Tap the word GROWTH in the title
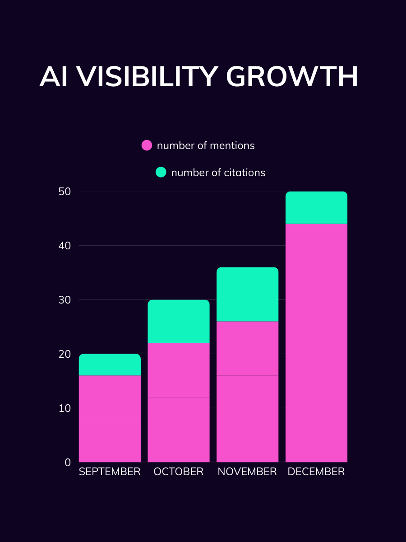(292, 77)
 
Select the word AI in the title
(53, 77)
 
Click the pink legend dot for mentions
(147, 145)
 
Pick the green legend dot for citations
(161, 172)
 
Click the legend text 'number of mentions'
(206, 145)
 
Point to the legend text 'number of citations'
(218, 173)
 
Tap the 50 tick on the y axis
(65, 192)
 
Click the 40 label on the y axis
(65, 246)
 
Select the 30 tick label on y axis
(65, 300)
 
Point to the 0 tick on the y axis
(68, 462)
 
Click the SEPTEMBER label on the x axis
(110, 472)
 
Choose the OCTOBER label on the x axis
(179, 472)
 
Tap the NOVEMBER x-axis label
(247, 472)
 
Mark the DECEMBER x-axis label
(316, 472)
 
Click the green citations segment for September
(110, 365)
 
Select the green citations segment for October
(179, 322)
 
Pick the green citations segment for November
(247, 294)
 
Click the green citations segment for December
(316, 208)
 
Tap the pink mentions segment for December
(316, 343)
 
